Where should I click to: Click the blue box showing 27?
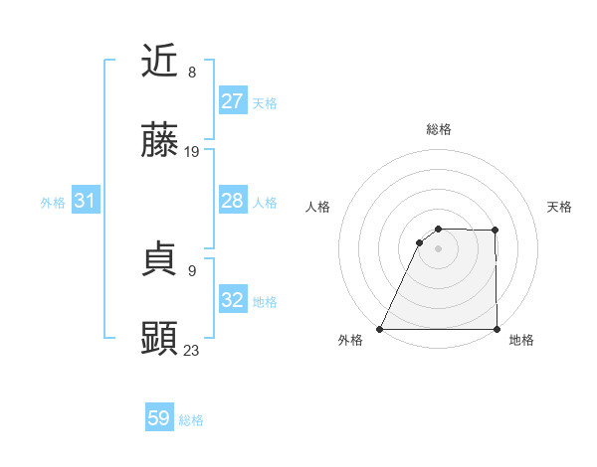tap(232, 101)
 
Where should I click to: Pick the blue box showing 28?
tap(232, 201)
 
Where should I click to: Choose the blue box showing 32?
tap(232, 300)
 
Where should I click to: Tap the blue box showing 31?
tap(85, 201)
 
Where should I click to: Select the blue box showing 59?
tap(159, 418)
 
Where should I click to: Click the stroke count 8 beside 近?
tap(192, 73)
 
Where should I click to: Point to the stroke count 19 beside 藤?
tap(193, 152)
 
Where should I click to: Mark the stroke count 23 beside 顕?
tap(192, 350)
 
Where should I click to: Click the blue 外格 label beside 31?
tap(53, 202)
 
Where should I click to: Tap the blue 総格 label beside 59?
tap(191, 420)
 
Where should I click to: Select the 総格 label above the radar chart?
tap(438, 129)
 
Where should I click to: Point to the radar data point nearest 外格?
tap(380, 329)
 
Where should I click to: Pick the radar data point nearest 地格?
tap(496, 329)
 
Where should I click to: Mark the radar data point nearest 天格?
tap(496, 231)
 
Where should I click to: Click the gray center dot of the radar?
tap(438, 248)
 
